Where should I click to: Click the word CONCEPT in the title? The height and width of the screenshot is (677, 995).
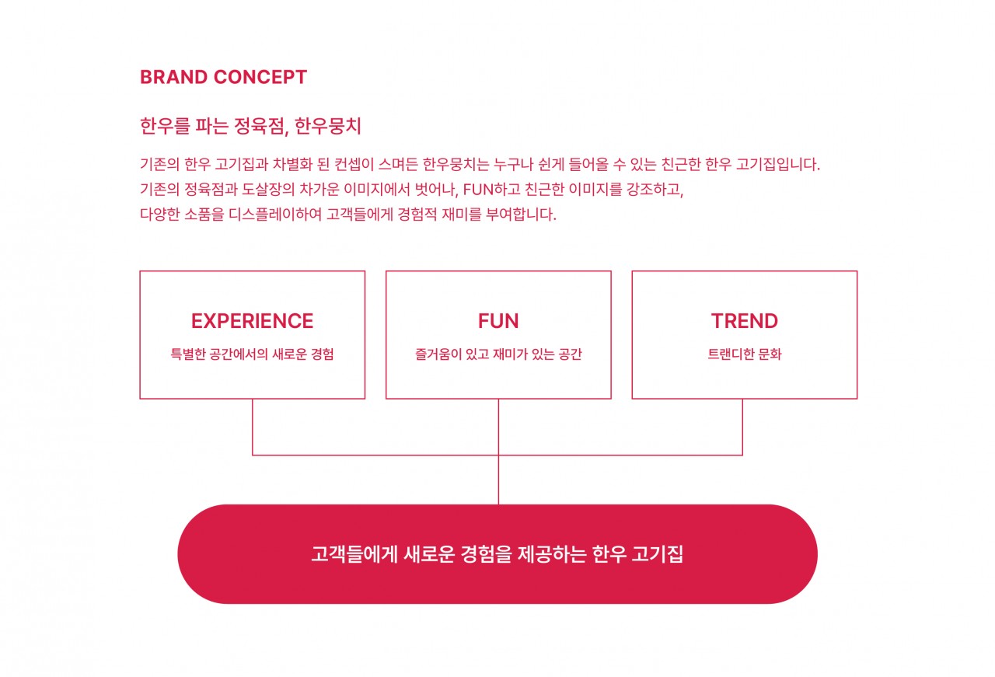[260, 77]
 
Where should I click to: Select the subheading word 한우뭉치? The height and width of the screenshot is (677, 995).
[328, 126]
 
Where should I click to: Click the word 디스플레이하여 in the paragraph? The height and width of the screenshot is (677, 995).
[275, 215]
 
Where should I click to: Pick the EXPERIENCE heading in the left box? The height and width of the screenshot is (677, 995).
[253, 321]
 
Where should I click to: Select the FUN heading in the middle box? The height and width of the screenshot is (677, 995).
[498, 321]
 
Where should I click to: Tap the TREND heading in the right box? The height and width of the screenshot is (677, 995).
[745, 321]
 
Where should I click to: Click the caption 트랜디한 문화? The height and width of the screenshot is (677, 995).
[745, 354]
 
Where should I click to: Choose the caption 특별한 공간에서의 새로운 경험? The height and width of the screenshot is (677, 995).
[253, 354]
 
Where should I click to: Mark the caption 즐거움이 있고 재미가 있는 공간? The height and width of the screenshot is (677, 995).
[498, 354]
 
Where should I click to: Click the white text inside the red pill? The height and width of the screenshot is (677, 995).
[497, 554]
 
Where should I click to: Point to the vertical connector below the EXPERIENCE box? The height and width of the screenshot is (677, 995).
[253, 427]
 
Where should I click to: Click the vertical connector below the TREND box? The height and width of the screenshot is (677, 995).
[742, 427]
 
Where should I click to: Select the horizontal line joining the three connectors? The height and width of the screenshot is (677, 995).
[497, 455]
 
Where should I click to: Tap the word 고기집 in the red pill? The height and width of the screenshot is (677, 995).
[658, 554]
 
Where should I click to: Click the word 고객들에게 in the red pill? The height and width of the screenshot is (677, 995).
[354, 554]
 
